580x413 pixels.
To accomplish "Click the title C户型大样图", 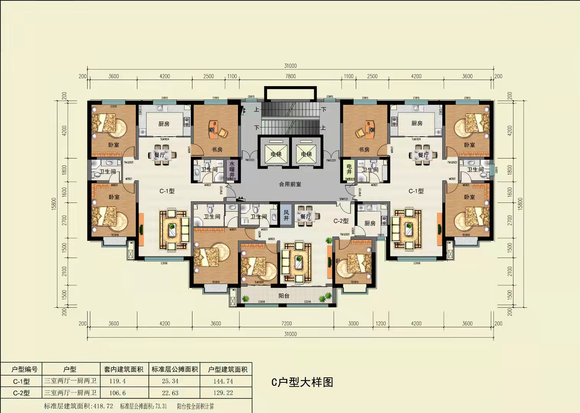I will click(x=302, y=382).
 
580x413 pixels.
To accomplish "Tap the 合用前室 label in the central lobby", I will click(x=290, y=184).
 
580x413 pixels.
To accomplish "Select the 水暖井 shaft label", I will click(x=232, y=169).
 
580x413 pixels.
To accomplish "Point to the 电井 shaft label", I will click(x=349, y=169).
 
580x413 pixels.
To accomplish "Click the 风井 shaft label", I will click(x=286, y=215).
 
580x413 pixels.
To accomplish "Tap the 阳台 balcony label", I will click(x=284, y=296).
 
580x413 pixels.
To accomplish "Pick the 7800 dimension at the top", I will click(x=290, y=76).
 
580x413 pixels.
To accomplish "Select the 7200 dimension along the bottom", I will click(x=286, y=323).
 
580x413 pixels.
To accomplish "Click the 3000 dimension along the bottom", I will click(x=353, y=323).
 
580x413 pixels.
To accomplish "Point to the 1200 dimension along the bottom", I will click(x=381, y=323).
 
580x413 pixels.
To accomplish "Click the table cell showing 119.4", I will click(x=117, y=381).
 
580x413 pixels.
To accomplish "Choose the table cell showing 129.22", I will click(x=223, y=393).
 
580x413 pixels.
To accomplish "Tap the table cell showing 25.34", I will click(x=170, y=381).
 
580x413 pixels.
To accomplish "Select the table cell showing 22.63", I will click(x=170, y=393).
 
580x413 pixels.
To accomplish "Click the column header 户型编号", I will click(x=24, y=369).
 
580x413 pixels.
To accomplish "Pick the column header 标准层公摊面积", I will click(x=174, y=369).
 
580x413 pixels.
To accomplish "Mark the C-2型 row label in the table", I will click(x=21, y=393).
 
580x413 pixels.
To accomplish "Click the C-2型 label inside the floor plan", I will click(x=341, y=221).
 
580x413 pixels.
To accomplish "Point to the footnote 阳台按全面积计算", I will click(x=196, y=406).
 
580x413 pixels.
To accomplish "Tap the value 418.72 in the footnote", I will click(x=103, y=406).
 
